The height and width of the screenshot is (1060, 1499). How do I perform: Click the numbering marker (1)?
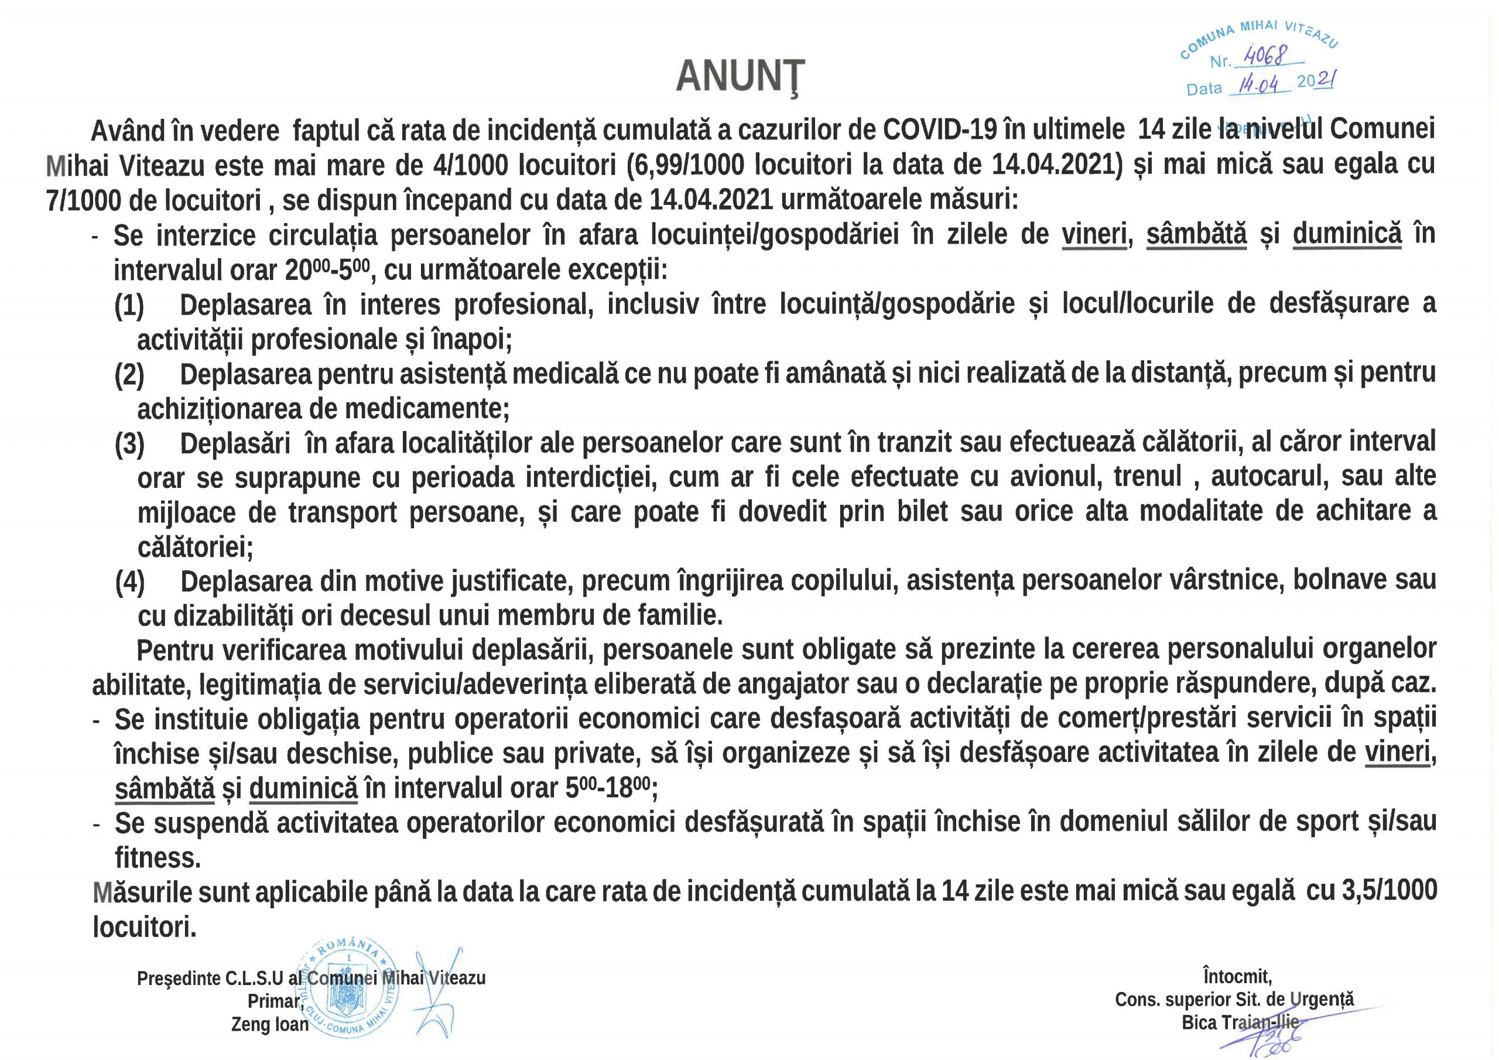(x=129, y=305)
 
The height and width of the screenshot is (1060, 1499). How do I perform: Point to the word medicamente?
(x=426, y=409)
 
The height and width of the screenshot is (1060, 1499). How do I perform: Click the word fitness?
(x=158, y=857)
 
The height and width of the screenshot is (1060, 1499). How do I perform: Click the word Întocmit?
(x=1237, y=976)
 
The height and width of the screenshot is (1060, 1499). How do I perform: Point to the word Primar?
(x=274, y=1001)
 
